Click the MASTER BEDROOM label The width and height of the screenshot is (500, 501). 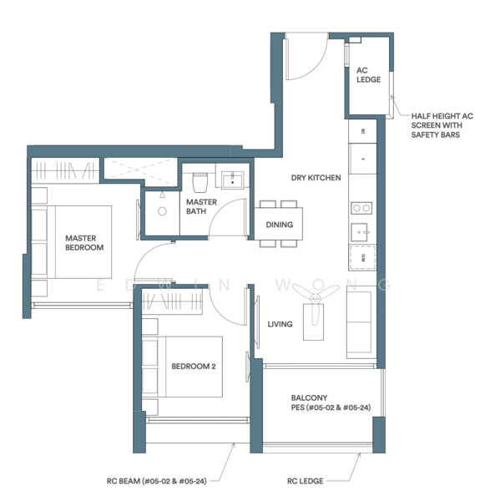pyautogui.click(x=84, y=242)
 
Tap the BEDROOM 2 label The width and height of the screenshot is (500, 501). pyautogui.click(x=193, y=366)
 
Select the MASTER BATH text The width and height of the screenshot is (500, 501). pyautogui.click(x=201, y=208)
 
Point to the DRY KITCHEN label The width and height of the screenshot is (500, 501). pyautogui.click(x=316, y=178)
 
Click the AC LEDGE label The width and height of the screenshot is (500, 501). pyautogui.click(x=368, y=75)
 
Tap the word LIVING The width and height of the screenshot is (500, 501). pyautogui.click(x=280, y=324)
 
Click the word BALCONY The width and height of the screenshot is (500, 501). pyautogui.click(x=308, y=397)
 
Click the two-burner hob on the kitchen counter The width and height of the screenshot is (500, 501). pyautogui.click(x=362, y=209)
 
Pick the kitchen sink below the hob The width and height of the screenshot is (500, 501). pyautogui.click(x=361, y=231)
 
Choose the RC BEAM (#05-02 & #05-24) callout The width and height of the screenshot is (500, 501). pyautogui.click(x=157, y=481)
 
